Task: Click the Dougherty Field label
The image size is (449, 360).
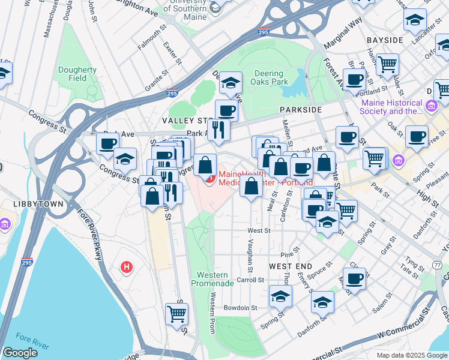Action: pyautogui.click(x=77, y=74)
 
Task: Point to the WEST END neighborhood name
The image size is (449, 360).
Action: pyautogui.click(x=290, y=266)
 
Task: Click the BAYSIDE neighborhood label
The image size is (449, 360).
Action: pyautogui.click(x=385, y=40)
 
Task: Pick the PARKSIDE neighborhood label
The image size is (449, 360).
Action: pyautogui.click(x=300, y=110)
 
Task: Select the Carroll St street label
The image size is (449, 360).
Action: pyautogui.click(x=250, y=280)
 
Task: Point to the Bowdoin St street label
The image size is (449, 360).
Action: pyautogui.click(x=240, y=307)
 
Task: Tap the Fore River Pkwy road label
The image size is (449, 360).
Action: pyautogui.click(x=95, y=240)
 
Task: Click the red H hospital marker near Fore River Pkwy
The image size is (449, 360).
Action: pyautogui.click(x=126, y=266)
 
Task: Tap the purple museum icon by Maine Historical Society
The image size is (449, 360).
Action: pyautogui.click(x=430, y=107)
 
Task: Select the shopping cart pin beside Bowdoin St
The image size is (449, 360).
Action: pyautogui.click(x=176, y=313)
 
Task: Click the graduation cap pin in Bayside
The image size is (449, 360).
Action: pyautogui.click(x=415, y=21)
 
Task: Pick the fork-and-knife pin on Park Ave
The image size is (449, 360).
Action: pyautogui.click(x=219, y=129)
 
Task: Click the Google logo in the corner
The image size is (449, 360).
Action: pyautogui.click(x=20, y=353)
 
